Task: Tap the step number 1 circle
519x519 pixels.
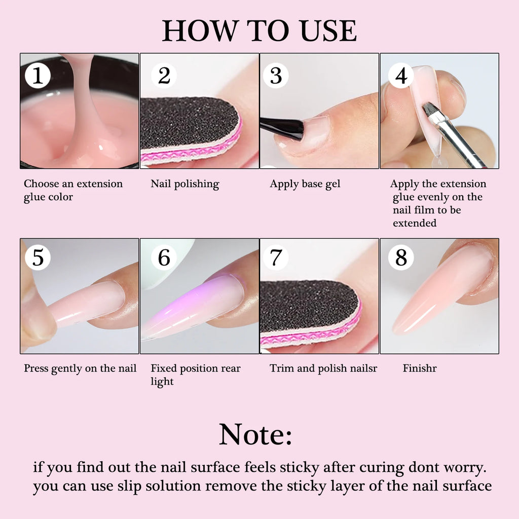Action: (38, 76)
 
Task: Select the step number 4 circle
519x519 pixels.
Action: (401, 76)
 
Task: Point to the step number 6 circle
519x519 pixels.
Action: (164, 257)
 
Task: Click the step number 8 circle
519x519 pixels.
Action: (401, 257)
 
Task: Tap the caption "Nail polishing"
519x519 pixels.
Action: (184, 184)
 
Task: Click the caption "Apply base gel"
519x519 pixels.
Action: (305, 184)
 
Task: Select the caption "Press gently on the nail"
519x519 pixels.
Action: (80, 368)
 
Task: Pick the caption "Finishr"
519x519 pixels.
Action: (420, 368)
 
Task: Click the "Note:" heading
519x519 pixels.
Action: (255, 435)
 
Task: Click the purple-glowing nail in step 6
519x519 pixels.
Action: (193, 307)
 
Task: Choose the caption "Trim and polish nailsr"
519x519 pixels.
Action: (323, 368)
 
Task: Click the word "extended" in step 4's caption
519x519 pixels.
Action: (414, 223)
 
